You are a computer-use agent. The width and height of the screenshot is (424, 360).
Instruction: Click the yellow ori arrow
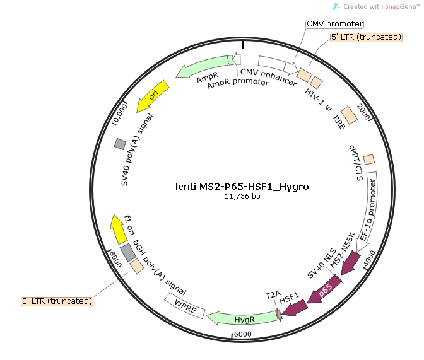click(152, 96)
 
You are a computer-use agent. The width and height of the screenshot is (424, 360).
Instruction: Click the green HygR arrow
click(243, 318)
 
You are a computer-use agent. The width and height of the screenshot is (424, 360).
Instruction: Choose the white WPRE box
click(185, 306)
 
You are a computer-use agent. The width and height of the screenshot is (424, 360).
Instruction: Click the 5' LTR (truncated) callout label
click(366, 37)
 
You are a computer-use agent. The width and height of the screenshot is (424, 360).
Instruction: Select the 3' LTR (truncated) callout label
click(57, 301)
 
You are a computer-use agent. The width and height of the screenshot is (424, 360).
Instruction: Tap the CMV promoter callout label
click(335, 24)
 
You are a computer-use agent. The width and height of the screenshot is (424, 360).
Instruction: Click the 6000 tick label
click(242, 334)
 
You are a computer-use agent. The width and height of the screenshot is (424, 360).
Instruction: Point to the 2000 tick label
click(363, 112)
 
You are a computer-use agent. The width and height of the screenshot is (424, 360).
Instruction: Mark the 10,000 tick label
click(119, 115)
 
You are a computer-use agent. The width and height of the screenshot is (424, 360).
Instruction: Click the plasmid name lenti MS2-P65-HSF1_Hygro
click(242, 187)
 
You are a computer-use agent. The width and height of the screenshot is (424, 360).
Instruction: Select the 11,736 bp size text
click(242, 196)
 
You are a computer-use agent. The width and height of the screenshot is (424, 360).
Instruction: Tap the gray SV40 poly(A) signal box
click(120, 144)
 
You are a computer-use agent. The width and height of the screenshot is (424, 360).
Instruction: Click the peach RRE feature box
click(349, 115)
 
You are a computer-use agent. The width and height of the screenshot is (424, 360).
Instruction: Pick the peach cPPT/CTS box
click(369, 160)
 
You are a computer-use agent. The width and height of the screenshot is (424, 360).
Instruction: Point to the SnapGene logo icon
click(336, 6)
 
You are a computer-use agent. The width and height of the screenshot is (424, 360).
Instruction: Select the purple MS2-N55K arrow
click(350, 263)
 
